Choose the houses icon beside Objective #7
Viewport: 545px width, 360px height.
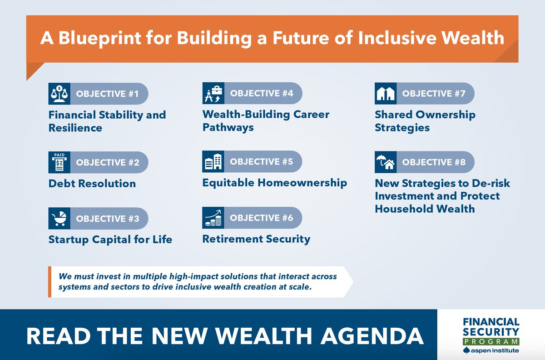(x=385, y=94)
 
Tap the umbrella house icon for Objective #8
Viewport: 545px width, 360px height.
(x=385, y=162)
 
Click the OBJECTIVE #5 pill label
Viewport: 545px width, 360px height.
(x=262, y=162)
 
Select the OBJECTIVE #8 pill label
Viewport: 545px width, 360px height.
(x=434, y=162)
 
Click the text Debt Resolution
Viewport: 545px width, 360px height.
(x=92, y=184)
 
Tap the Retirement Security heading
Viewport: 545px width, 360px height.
(x=256, y=239)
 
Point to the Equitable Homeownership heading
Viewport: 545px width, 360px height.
(x=274, y=183)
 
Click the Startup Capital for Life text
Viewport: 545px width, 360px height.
(x=110, y=239)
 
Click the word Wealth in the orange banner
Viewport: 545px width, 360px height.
(x=476, y=38)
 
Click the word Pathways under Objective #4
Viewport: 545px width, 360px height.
(x=228, y=127)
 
